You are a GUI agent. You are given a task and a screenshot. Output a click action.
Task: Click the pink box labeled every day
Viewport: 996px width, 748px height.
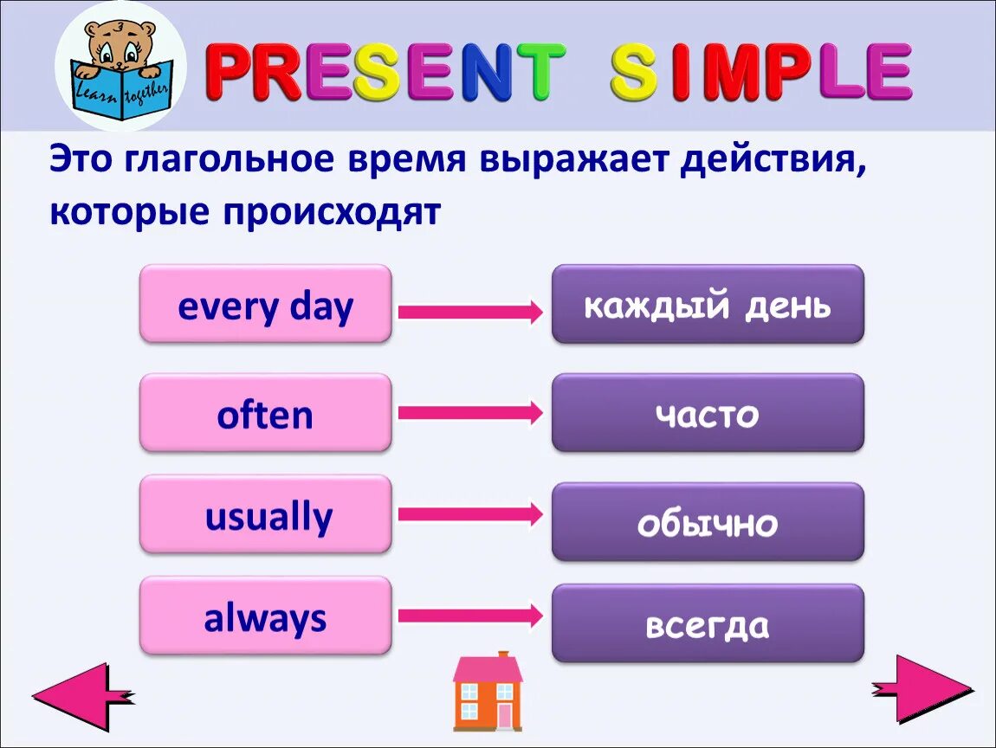[266, 304]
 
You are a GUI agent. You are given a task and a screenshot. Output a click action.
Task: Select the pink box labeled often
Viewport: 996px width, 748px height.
[266, 413]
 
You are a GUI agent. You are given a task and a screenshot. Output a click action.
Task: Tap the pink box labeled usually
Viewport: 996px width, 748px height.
[266, 514]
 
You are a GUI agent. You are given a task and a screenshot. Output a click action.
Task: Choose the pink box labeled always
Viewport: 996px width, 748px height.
[266, 616]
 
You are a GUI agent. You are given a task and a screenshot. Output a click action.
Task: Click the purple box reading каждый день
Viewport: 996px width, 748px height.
[708, 304]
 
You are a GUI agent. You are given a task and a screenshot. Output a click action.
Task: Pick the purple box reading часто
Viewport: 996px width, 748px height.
[708, 413]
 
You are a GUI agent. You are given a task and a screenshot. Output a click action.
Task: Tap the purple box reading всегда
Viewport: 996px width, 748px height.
[708, 623]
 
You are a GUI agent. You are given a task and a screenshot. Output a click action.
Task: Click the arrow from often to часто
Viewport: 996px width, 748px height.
[470, 413]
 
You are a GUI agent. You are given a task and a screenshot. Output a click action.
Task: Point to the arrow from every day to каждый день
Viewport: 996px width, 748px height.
[470, 312]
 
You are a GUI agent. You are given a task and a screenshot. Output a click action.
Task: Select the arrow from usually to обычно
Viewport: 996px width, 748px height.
[470, 513]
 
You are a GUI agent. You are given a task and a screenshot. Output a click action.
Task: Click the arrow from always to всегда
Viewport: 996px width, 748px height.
[470, 616]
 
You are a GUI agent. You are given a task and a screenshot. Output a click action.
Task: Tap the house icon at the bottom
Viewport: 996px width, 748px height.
[488, 691]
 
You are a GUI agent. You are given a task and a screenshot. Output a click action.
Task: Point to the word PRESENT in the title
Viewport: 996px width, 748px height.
[385, 71]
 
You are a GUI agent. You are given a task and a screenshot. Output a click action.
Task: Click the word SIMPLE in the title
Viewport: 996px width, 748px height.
[761, 71]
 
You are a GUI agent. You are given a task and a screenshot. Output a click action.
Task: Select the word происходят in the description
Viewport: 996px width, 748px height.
[332, 211]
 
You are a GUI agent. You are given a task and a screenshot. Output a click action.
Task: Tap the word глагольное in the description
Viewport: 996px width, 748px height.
[229, 158]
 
